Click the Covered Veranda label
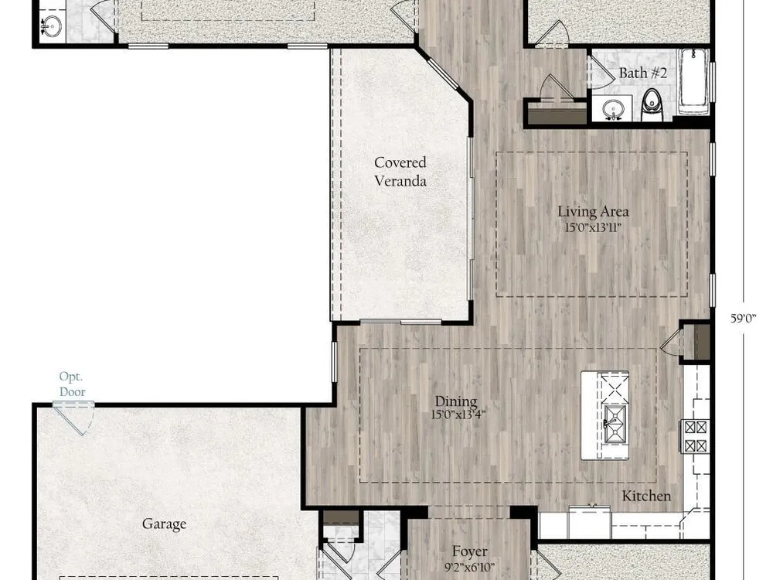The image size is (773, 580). tap(400, 172)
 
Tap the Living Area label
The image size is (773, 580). tap(593, 212)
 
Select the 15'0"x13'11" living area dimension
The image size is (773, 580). tap(593, 228)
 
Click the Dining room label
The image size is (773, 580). tap(456, 401)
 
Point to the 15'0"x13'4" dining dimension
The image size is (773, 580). tap(458, 415)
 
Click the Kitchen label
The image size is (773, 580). tap(646, 496)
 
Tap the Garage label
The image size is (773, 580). tap(164, 524)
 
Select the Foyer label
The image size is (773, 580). tap(470, 551)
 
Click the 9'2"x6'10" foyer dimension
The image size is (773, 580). tap(469, 567)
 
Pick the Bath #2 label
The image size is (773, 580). tap(643, 73)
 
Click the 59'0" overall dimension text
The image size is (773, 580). tap(744, 318)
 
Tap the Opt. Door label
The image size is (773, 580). tap(72, 384)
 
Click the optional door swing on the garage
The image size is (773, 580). tap(74, 418)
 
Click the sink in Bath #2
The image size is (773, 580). tap(613, 108)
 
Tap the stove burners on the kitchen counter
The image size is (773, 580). tap(695, 436)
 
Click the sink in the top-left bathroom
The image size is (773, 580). tap(51, 26)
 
